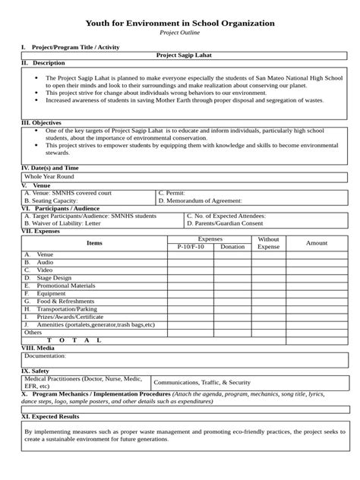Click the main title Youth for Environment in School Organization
(x=180, y=24)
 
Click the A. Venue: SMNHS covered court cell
(x=68, y=193)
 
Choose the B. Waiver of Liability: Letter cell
(x=63, y=224)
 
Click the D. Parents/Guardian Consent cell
(x=226, y=224)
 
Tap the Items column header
(x=94, y=243)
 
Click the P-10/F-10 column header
(x=190, y=247)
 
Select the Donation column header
(x=232, y=247)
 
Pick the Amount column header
(x=316, y=243)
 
